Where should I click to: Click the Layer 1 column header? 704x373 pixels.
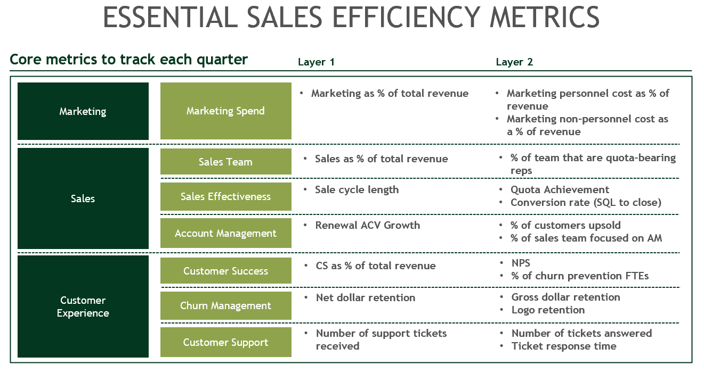316,62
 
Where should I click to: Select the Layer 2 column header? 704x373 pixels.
514,62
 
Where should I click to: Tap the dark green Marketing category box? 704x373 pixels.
83,111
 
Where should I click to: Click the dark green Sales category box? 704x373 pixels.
83,198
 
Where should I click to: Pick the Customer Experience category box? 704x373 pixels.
83,306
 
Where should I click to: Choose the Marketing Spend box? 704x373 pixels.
225,111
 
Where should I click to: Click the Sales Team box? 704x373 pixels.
225,162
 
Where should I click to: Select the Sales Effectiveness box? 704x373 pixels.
225,196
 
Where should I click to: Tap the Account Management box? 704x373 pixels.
225,233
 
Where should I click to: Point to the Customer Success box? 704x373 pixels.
225,271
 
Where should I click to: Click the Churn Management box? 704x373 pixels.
225,305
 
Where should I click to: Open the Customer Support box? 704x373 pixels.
225,342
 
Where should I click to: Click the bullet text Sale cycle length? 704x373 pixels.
357,190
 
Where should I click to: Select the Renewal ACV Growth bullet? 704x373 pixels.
367,225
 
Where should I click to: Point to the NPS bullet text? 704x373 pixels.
521,263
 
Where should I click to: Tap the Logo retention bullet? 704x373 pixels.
548,310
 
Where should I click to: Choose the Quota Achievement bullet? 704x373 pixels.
560,190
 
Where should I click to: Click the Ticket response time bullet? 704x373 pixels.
564,346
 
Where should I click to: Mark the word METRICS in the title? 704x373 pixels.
545,18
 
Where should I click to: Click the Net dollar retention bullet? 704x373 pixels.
366,297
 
